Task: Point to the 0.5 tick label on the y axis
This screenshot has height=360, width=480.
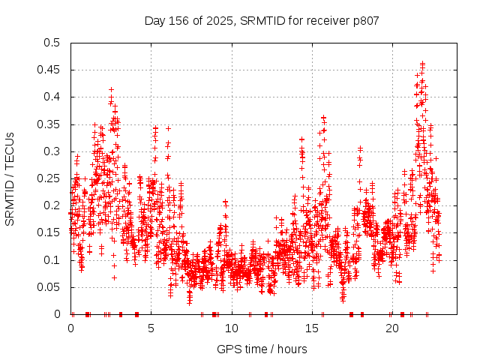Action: pyautogui.click(x=51, y=43)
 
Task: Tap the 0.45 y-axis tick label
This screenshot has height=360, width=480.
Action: pyautogui.click(x=48, y=70)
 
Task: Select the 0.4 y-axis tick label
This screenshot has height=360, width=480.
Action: pyautogui.click(x=51, y=97)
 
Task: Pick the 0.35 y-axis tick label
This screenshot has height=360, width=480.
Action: pyautogui.click(x=48, y=124)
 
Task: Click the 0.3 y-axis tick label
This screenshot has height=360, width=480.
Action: pyautogui.click(x=51, y=151)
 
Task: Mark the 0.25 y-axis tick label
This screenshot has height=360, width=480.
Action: pyautogui.click(x=48, y=178)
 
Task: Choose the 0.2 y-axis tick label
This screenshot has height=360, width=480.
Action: pyautogui.click(x=51, y=205)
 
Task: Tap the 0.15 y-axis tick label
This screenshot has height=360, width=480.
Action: pyautogui.click(x=48, y=232)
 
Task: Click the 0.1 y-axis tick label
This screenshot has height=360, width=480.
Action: pyautogui.click(x=51, y=259)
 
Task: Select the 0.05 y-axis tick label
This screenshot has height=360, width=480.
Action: pyautogui.click(x=48, y=286)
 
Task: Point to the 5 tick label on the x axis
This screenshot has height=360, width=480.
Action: pyautogui.click(x=151, y=328)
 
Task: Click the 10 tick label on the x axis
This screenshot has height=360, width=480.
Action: pyautogui.click(x=232, y=328)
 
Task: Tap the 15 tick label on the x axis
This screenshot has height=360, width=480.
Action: pyautogui.click(x=312, y=328)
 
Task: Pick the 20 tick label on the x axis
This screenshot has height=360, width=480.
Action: pyautogui.click(x=392, y=328)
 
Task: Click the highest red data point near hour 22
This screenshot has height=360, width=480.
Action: pyautogui.click(x=423, y=64)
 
